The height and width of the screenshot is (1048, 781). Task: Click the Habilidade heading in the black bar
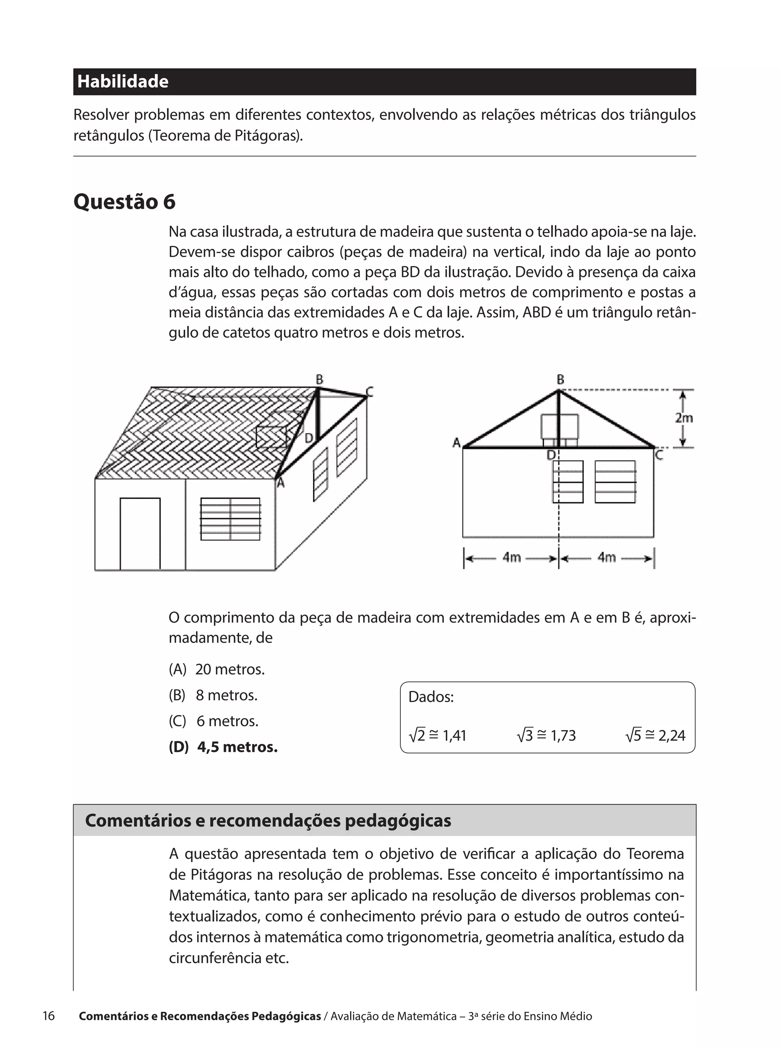coord(123,81)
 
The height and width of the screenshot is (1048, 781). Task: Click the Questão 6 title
coord(124,201)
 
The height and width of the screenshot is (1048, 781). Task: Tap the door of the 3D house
coord(140,533)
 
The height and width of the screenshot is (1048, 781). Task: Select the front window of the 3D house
coord(230,519)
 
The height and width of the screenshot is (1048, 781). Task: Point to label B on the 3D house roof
coord(320,379)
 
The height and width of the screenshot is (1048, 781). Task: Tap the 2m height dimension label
coord(684,418)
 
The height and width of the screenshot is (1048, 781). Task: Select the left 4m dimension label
coord(511,558)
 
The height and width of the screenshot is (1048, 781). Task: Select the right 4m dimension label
coord(607,558)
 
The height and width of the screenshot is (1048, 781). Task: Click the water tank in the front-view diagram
coord(559,428)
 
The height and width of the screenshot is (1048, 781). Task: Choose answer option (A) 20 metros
coord(217,669)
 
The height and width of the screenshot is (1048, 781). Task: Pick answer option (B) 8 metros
coord(213,695)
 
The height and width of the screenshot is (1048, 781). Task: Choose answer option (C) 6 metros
coord(214,721)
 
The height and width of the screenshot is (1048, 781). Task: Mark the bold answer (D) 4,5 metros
coord(223,747)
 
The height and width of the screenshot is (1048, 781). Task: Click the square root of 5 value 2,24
coord(655,736)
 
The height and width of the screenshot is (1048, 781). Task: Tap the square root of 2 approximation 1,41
coord(437,736)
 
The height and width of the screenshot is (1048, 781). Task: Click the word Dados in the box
coord(431,697)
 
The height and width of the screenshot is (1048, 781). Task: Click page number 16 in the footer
coord(49,1016)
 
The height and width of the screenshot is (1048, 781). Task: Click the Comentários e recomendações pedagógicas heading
coord(268,821)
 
